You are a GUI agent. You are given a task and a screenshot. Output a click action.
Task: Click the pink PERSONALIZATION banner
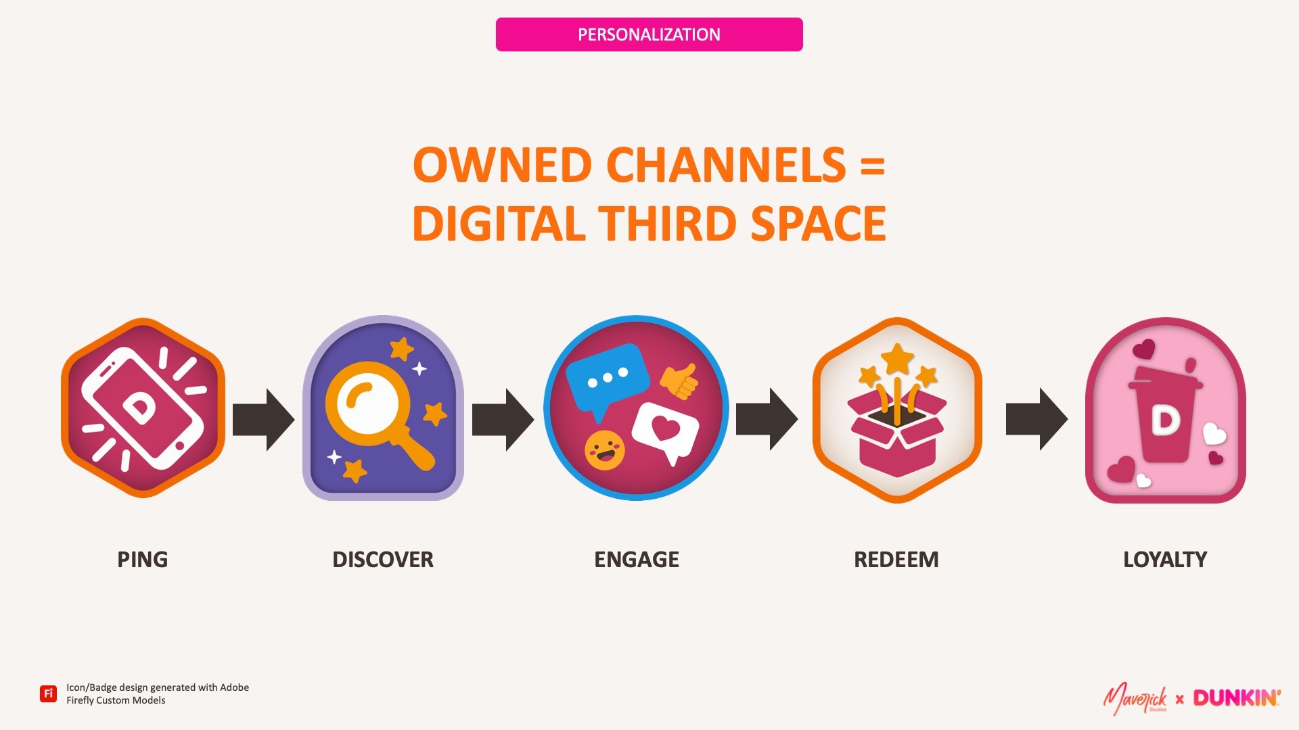pos(649,34)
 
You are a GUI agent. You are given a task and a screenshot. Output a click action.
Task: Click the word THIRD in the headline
pos(666,224)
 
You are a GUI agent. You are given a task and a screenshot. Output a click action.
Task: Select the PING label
pos(142,560)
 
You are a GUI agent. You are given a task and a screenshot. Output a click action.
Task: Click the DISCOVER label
pos(382,560)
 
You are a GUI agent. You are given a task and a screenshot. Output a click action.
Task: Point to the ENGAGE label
pos(636,560)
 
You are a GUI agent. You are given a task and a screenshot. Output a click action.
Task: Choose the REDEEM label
pos(896,560)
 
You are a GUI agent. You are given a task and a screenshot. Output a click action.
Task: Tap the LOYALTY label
pos(1164,560)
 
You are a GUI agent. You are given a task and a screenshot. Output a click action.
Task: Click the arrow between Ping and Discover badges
pos(263,419)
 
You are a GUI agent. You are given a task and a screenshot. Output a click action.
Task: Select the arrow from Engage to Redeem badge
pos(767,419)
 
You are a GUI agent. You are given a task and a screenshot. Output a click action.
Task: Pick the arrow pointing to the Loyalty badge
pos(1036,419)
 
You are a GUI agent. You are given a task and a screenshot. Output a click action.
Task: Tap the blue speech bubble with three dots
pos(606,379)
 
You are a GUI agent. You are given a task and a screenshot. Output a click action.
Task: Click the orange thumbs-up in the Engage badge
pos(679,381)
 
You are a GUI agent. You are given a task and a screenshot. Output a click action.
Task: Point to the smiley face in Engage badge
pos(604,450)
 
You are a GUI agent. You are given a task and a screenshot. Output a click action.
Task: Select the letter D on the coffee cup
pos(1165,420)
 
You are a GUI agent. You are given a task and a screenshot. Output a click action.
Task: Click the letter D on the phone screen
pos(140,408)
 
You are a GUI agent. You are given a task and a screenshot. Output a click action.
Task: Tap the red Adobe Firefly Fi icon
pos(48,693)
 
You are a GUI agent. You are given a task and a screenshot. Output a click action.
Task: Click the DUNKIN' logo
pos(1236,698)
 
